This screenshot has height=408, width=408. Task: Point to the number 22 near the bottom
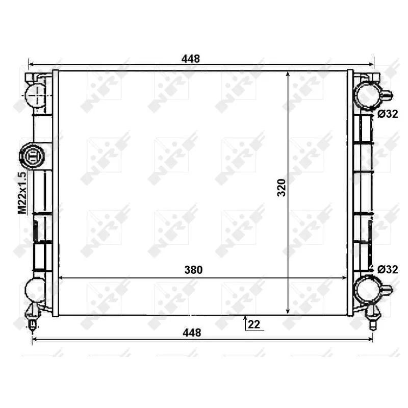(256, 324)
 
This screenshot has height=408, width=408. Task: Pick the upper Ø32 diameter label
(388, 114)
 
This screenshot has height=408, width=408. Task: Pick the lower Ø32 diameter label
(388, 269)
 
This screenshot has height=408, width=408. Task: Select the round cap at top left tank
(36, 94)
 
